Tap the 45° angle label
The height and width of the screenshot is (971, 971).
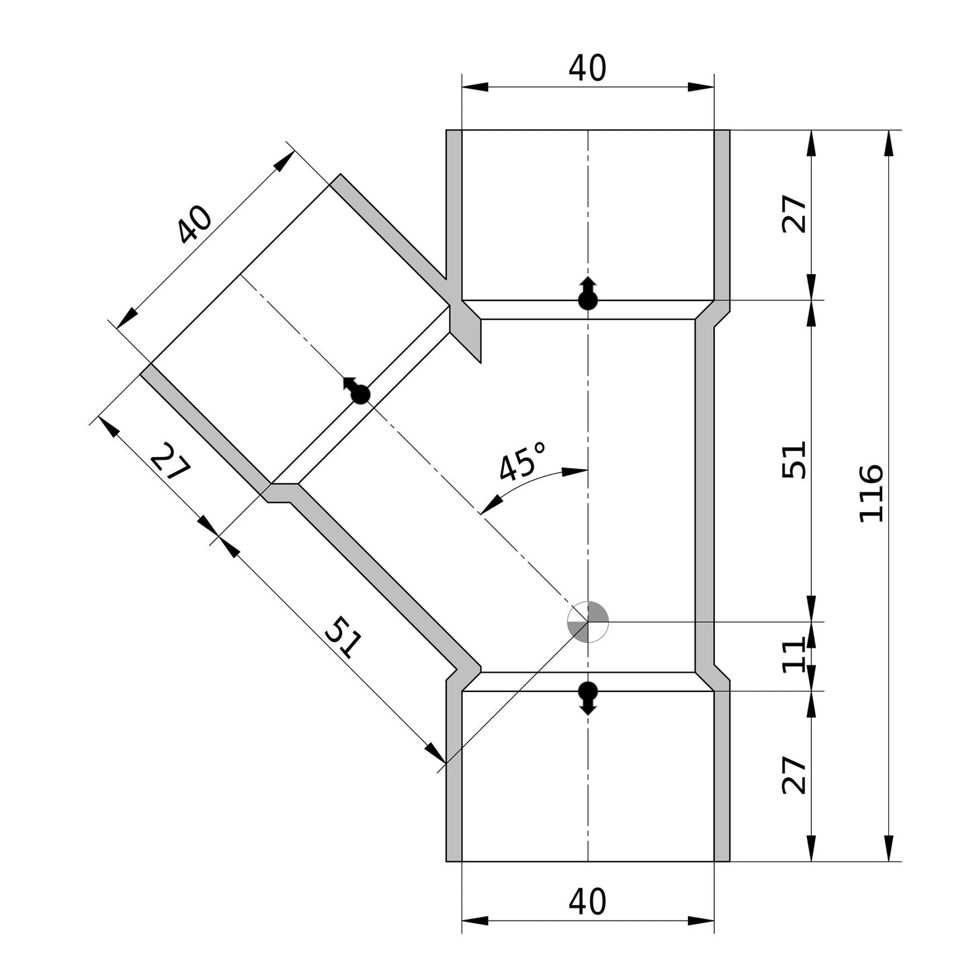(x=521, y=460)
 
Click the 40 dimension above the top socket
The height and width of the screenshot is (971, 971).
(x=587, y=68)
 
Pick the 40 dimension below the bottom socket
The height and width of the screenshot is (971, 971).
(x=587, y=902)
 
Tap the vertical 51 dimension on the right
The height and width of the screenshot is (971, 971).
(x=794, y=460)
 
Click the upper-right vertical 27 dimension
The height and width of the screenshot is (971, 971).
(x=794, y=213)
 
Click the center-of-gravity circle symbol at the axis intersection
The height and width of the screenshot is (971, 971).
(x=588, y=622)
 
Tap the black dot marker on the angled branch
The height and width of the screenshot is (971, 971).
(x=360, y=394)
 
